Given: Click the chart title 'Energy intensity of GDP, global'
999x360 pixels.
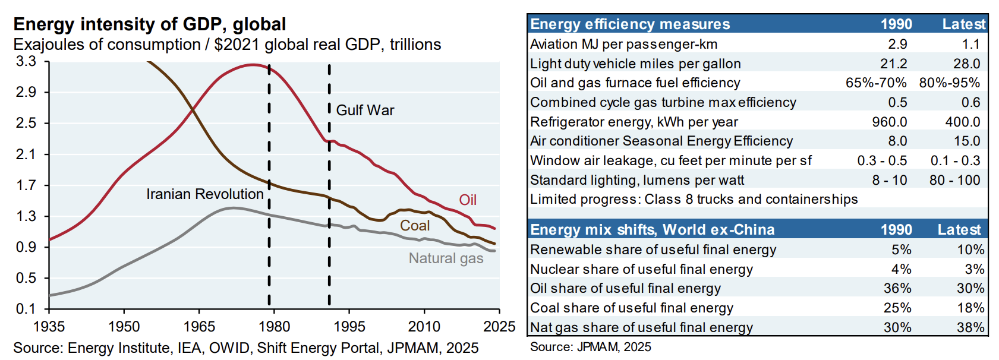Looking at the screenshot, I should [150, 24].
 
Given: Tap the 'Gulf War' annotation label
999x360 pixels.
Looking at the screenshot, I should [365, 110].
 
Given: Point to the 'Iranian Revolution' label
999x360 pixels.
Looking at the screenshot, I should [204, 194].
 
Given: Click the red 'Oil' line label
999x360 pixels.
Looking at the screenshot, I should [468, 200].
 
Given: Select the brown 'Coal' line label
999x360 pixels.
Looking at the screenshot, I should [414, 226].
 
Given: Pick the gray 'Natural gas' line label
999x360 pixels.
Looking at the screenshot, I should [446, 258].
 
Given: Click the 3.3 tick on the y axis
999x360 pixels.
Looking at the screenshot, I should [26, 62].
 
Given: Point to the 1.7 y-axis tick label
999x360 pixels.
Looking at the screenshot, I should [26, 185].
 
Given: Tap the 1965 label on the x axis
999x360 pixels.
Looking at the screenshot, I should [199, 327].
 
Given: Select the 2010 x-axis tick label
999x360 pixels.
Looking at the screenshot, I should [424, 327].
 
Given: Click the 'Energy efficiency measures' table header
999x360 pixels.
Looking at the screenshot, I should [630, 24].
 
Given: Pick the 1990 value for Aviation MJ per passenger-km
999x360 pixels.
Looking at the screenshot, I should [897, 44].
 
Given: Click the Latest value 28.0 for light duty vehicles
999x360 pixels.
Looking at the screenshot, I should [966, 64].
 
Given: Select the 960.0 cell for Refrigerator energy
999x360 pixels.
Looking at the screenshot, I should [889, 122].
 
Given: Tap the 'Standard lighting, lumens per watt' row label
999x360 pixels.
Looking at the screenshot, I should [636, 180].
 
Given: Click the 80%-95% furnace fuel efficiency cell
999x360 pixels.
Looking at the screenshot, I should [949, 83].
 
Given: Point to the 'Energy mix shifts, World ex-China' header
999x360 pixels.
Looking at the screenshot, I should [652, 230].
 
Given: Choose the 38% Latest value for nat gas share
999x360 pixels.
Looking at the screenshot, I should [970, 327].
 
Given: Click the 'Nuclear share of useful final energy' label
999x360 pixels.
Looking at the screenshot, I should [641, 269].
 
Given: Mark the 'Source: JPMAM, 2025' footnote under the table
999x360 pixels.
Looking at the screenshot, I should [590, 347].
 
